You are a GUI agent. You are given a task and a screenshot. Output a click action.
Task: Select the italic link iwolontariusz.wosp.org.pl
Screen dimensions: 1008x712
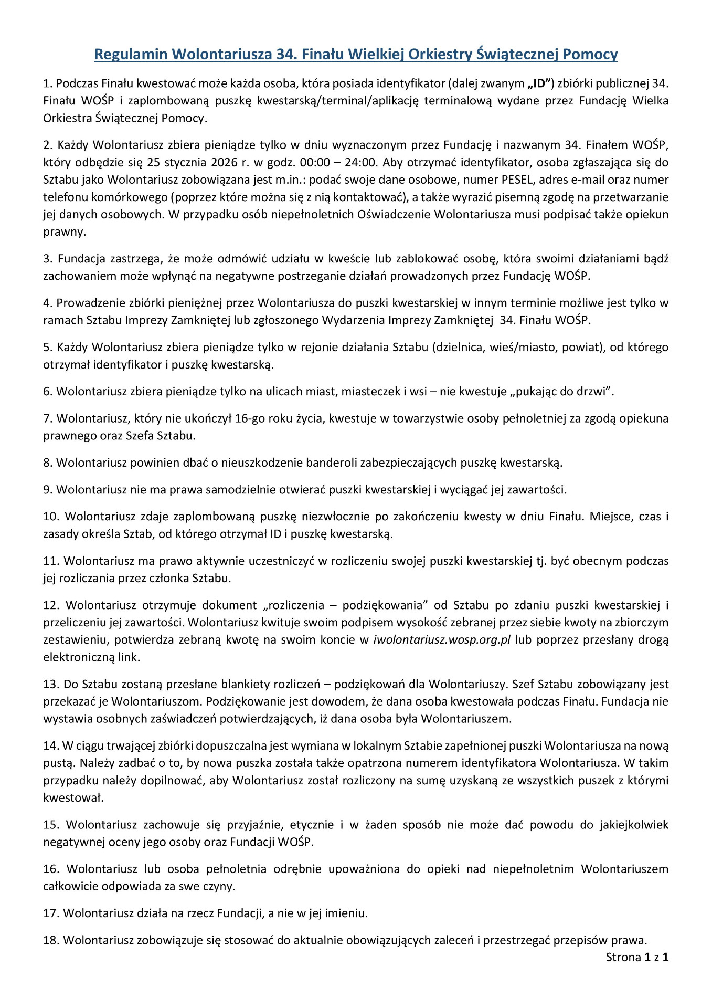point(442,640)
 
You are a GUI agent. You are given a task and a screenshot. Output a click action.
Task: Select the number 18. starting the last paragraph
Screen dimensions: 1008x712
point(51,940)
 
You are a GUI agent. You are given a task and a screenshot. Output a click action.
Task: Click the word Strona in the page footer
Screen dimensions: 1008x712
point(623,957)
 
